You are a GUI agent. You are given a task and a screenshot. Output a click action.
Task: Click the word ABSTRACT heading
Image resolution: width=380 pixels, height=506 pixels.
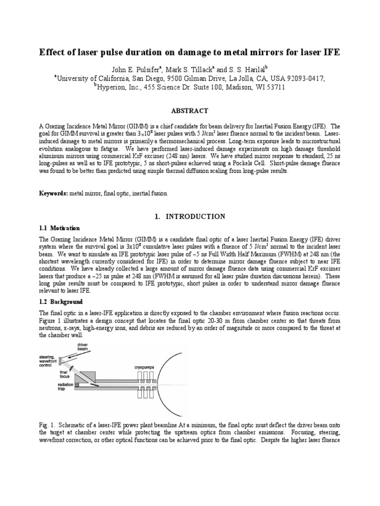(190, 111)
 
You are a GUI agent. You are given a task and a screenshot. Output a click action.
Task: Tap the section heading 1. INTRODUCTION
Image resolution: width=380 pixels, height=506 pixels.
(190, 216)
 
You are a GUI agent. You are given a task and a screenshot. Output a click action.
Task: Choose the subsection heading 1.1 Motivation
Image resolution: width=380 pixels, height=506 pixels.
(59, 228)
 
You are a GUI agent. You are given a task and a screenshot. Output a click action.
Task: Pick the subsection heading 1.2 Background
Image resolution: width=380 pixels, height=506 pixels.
(61, 301)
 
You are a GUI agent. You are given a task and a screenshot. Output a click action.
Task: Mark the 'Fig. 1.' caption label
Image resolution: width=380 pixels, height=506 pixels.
(47, 425)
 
